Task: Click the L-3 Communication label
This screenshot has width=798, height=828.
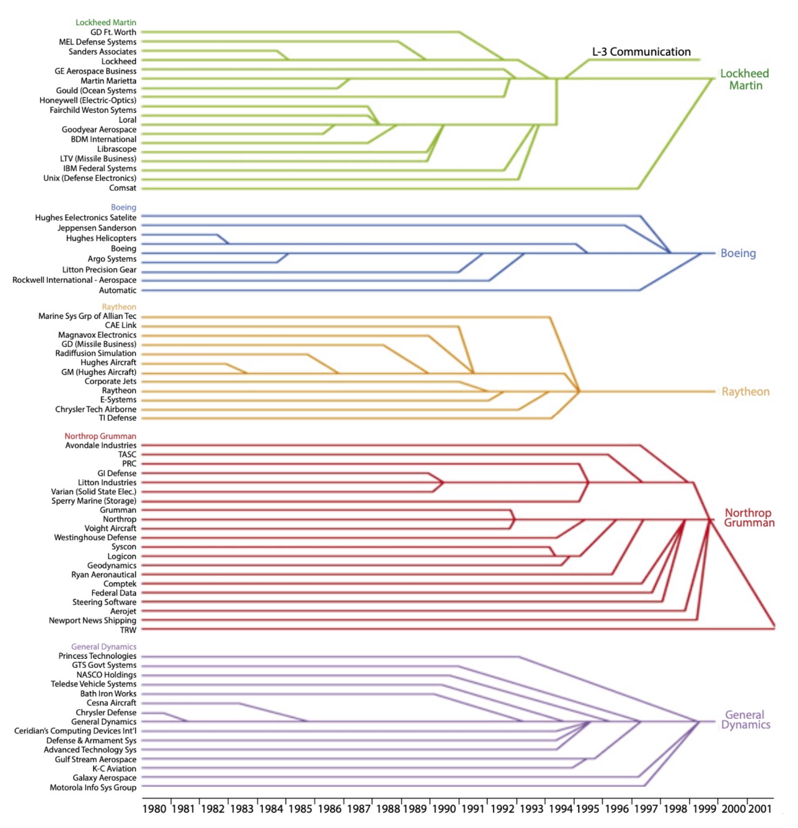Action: coord(641,52)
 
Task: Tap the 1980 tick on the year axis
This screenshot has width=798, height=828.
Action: coord(154,808)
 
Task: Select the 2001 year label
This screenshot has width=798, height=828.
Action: coord(760,808)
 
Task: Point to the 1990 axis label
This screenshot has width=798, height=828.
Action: coord(444,808)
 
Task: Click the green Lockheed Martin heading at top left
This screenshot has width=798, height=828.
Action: coord(106,23)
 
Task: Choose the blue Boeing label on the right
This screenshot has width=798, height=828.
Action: coord(738,253)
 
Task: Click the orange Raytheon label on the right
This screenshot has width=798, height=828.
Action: coord(745,392)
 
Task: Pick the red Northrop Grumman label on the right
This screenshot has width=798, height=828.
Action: coord(748,518)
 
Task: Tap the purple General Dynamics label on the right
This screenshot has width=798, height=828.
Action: coord(745,719)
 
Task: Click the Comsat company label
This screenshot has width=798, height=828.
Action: coord(123,188)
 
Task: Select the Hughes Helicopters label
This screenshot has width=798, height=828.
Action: coord(101,238)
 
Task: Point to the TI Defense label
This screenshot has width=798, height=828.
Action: coord(118,418)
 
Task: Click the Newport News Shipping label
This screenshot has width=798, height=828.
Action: coord(93,621)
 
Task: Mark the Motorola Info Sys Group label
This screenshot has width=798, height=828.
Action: coord(93,788)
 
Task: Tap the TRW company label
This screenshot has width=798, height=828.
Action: coord(128,630)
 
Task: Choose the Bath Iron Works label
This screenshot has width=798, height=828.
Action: coord(108,694)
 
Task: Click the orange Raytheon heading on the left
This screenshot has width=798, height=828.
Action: coord(119,307)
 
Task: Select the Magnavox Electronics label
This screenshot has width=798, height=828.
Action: coord(97,335)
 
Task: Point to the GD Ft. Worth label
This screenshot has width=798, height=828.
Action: coord(113,33)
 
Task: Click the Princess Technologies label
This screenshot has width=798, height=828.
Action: coord(97,656)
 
